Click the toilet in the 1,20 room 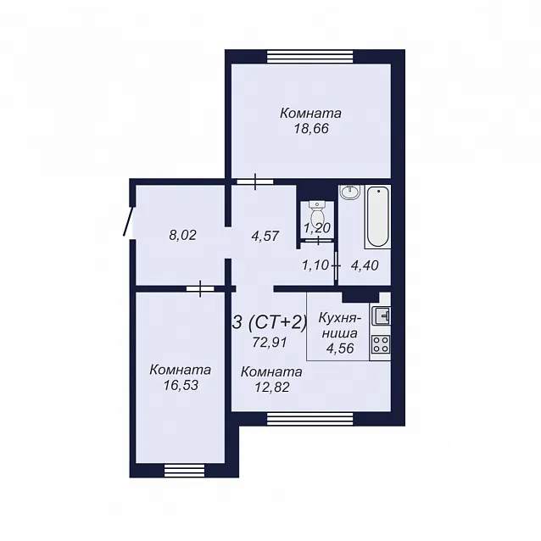tap(317, 213)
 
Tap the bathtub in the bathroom tap(377, 217)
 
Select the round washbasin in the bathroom tap(350, 192)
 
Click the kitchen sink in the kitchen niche tap(381, 315)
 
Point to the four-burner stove tap(381, 344)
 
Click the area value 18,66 tap(311, 129)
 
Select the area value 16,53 tap(181, 385)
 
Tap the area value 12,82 tap(272, 388)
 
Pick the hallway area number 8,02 tap(182, 235)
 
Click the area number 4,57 tap(265, 236)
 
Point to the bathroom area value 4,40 tap(365, 265)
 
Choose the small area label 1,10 tap(315, 265)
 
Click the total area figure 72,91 tap(270, 343)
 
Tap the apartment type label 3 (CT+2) tap(270, 323)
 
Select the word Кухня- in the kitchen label tap(340, 318)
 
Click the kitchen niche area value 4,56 tap(340, 349)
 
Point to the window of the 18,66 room tap(310, 57)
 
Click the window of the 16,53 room tap(184, 470)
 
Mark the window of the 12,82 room tap(310, 418)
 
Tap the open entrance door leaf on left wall tap(128, 221)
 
